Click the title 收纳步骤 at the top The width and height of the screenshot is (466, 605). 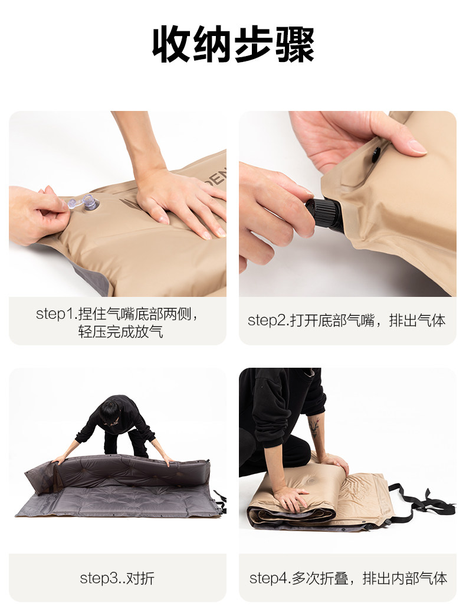click(233, 45)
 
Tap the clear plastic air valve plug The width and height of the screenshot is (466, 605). click(85, 202)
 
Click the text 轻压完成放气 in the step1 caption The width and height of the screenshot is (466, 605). click(121, 332)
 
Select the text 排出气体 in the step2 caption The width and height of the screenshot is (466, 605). click(417, 321)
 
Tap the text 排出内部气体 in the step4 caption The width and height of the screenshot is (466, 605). click(405, 578)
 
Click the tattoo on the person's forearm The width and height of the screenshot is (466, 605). click(314, 427)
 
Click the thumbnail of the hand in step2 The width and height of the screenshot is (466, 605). click(417, 146)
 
